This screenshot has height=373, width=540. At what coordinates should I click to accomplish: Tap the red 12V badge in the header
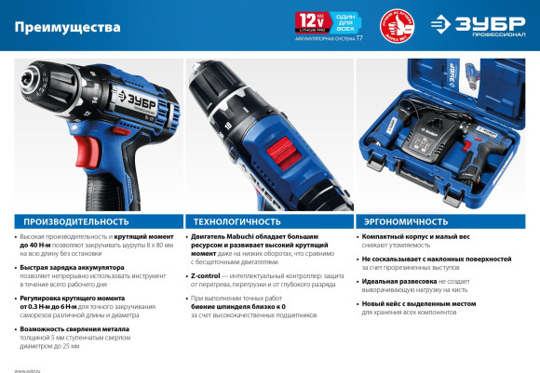click(308, 20)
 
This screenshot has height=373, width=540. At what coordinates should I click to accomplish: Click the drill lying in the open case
click(470, 159)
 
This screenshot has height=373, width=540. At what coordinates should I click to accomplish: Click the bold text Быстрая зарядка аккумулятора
click(64, 266)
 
